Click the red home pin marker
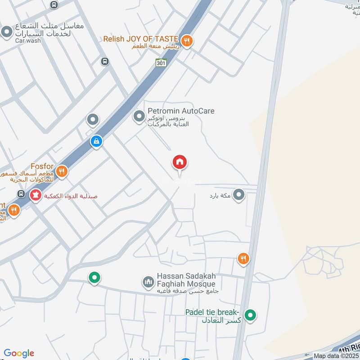pyautogui.click(x=180, y=163)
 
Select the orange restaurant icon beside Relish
pyautogui.click(x=188, y=41)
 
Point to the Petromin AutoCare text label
pyautogui.click(x=181, y=111)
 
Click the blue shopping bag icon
pyautogui.click(x=96, y=142)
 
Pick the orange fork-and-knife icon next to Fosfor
pyautogui.click(x=62, y=171)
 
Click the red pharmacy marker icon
pyautogui.click(x=35, y=195)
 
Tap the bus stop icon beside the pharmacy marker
pyautogui.click(x=21, y=194)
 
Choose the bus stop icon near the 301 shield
pyautogui.click(x=105, y=61)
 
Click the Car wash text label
pyautogui.click(x=28, y=40)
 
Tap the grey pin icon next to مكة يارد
pyautogui.click(x=239, y=195)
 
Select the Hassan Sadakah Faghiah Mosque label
pyautogui.click(x=186, y=280)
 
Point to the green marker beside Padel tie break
pyautogui.click(x=251, y=315)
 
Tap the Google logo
pyautogui.click(x=19, y=353)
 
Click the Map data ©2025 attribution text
pyautogui.click(x=335, y=356)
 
